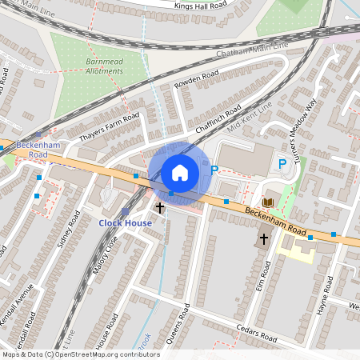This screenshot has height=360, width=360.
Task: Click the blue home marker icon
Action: (180, 172)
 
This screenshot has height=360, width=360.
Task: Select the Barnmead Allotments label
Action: (105, 66)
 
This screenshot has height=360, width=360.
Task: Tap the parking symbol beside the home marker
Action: (214, 170)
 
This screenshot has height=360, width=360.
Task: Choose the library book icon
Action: (267, 202)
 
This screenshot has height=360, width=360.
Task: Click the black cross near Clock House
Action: (160, 208)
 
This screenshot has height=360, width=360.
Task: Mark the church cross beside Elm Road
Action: (264, 238)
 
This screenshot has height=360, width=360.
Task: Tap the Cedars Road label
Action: (256, 335)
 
